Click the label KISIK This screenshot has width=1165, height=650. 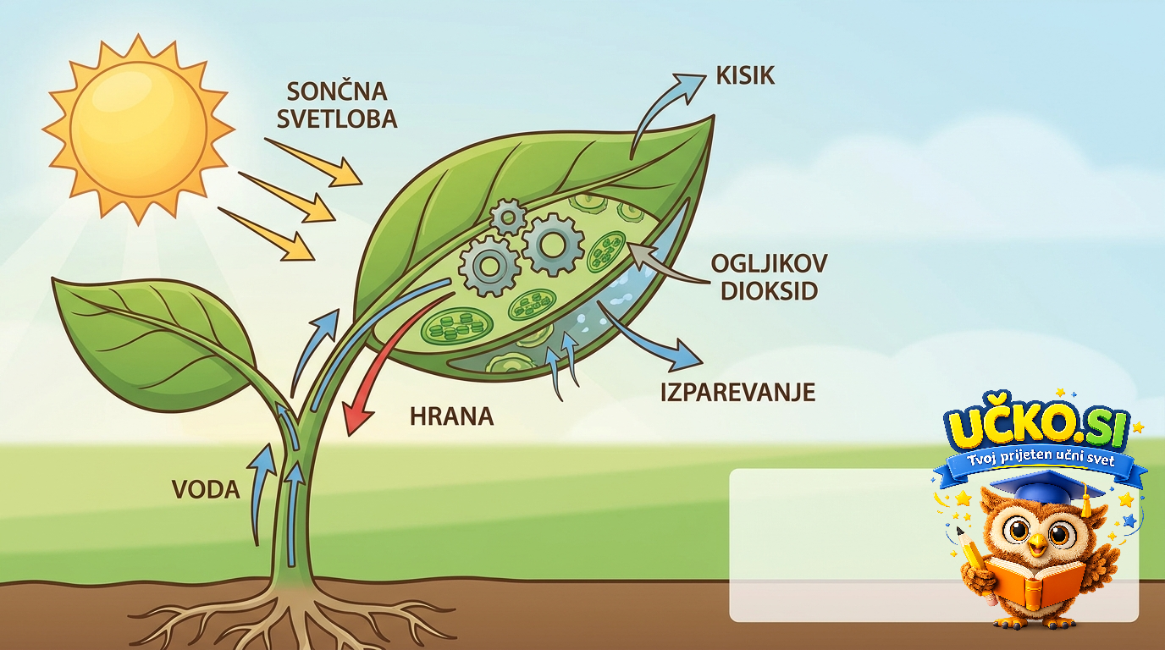coord(745,76)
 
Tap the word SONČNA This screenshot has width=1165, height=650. coord(337,92)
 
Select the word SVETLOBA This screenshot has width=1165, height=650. coord(337,119)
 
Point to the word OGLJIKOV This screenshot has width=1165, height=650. coord(769,264)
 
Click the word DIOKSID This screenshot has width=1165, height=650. coord(770,291)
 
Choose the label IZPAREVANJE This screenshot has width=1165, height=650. coord(737,392)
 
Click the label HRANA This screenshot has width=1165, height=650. coord(451,416)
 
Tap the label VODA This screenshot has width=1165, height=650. coord(206,490)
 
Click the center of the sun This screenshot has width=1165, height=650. coord(138,129)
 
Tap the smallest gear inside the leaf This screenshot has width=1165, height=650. coord(509,218)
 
